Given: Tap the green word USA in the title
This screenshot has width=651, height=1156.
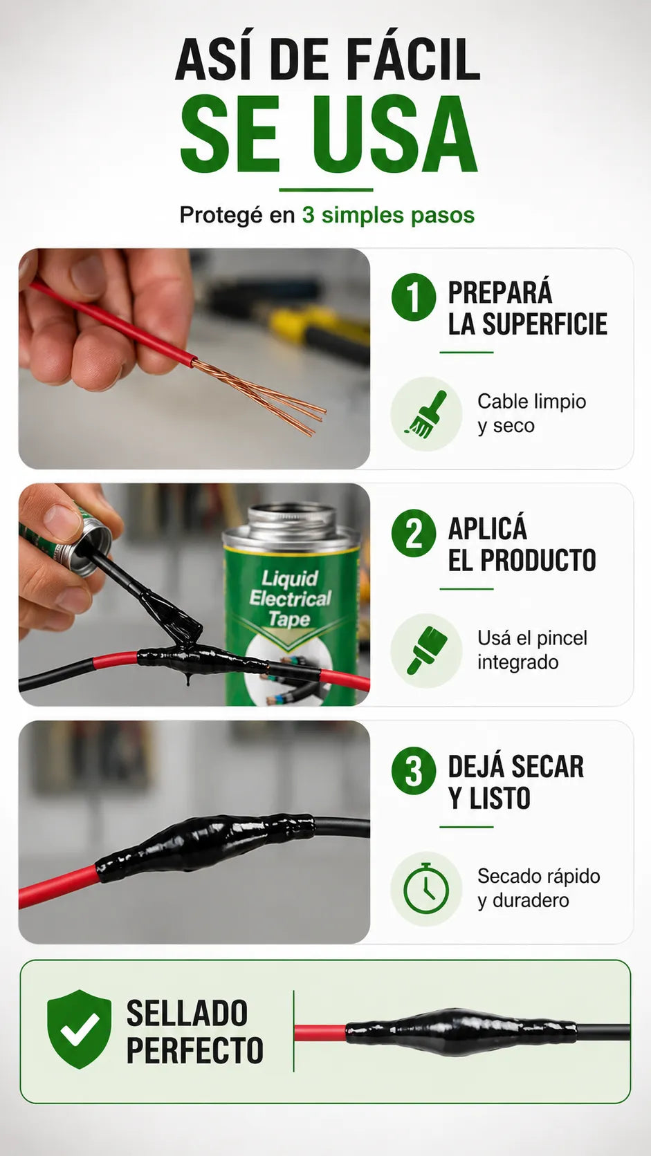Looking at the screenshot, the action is (395, 134).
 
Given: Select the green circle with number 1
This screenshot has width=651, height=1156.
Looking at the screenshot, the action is (414, 298).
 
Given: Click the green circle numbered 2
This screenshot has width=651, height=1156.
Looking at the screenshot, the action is (414, 533).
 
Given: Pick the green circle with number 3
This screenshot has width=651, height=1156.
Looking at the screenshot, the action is (414, 770).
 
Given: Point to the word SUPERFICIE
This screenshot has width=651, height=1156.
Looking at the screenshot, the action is (544, 324).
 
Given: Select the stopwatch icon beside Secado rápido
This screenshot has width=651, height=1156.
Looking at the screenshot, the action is (426, 888).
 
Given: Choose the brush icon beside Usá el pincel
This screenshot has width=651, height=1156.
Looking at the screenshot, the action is (426, 650).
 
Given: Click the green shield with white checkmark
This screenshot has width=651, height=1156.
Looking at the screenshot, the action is (79, 1029).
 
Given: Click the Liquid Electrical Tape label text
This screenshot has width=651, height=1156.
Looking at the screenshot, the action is (290, 599).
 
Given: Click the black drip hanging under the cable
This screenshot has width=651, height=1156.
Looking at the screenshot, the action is (187, 677).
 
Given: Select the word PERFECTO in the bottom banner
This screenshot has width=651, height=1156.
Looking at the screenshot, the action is (194, 1050).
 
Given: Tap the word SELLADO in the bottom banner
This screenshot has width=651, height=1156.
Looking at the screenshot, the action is (187, 1012).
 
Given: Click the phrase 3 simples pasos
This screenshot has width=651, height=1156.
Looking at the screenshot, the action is (388, 215).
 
